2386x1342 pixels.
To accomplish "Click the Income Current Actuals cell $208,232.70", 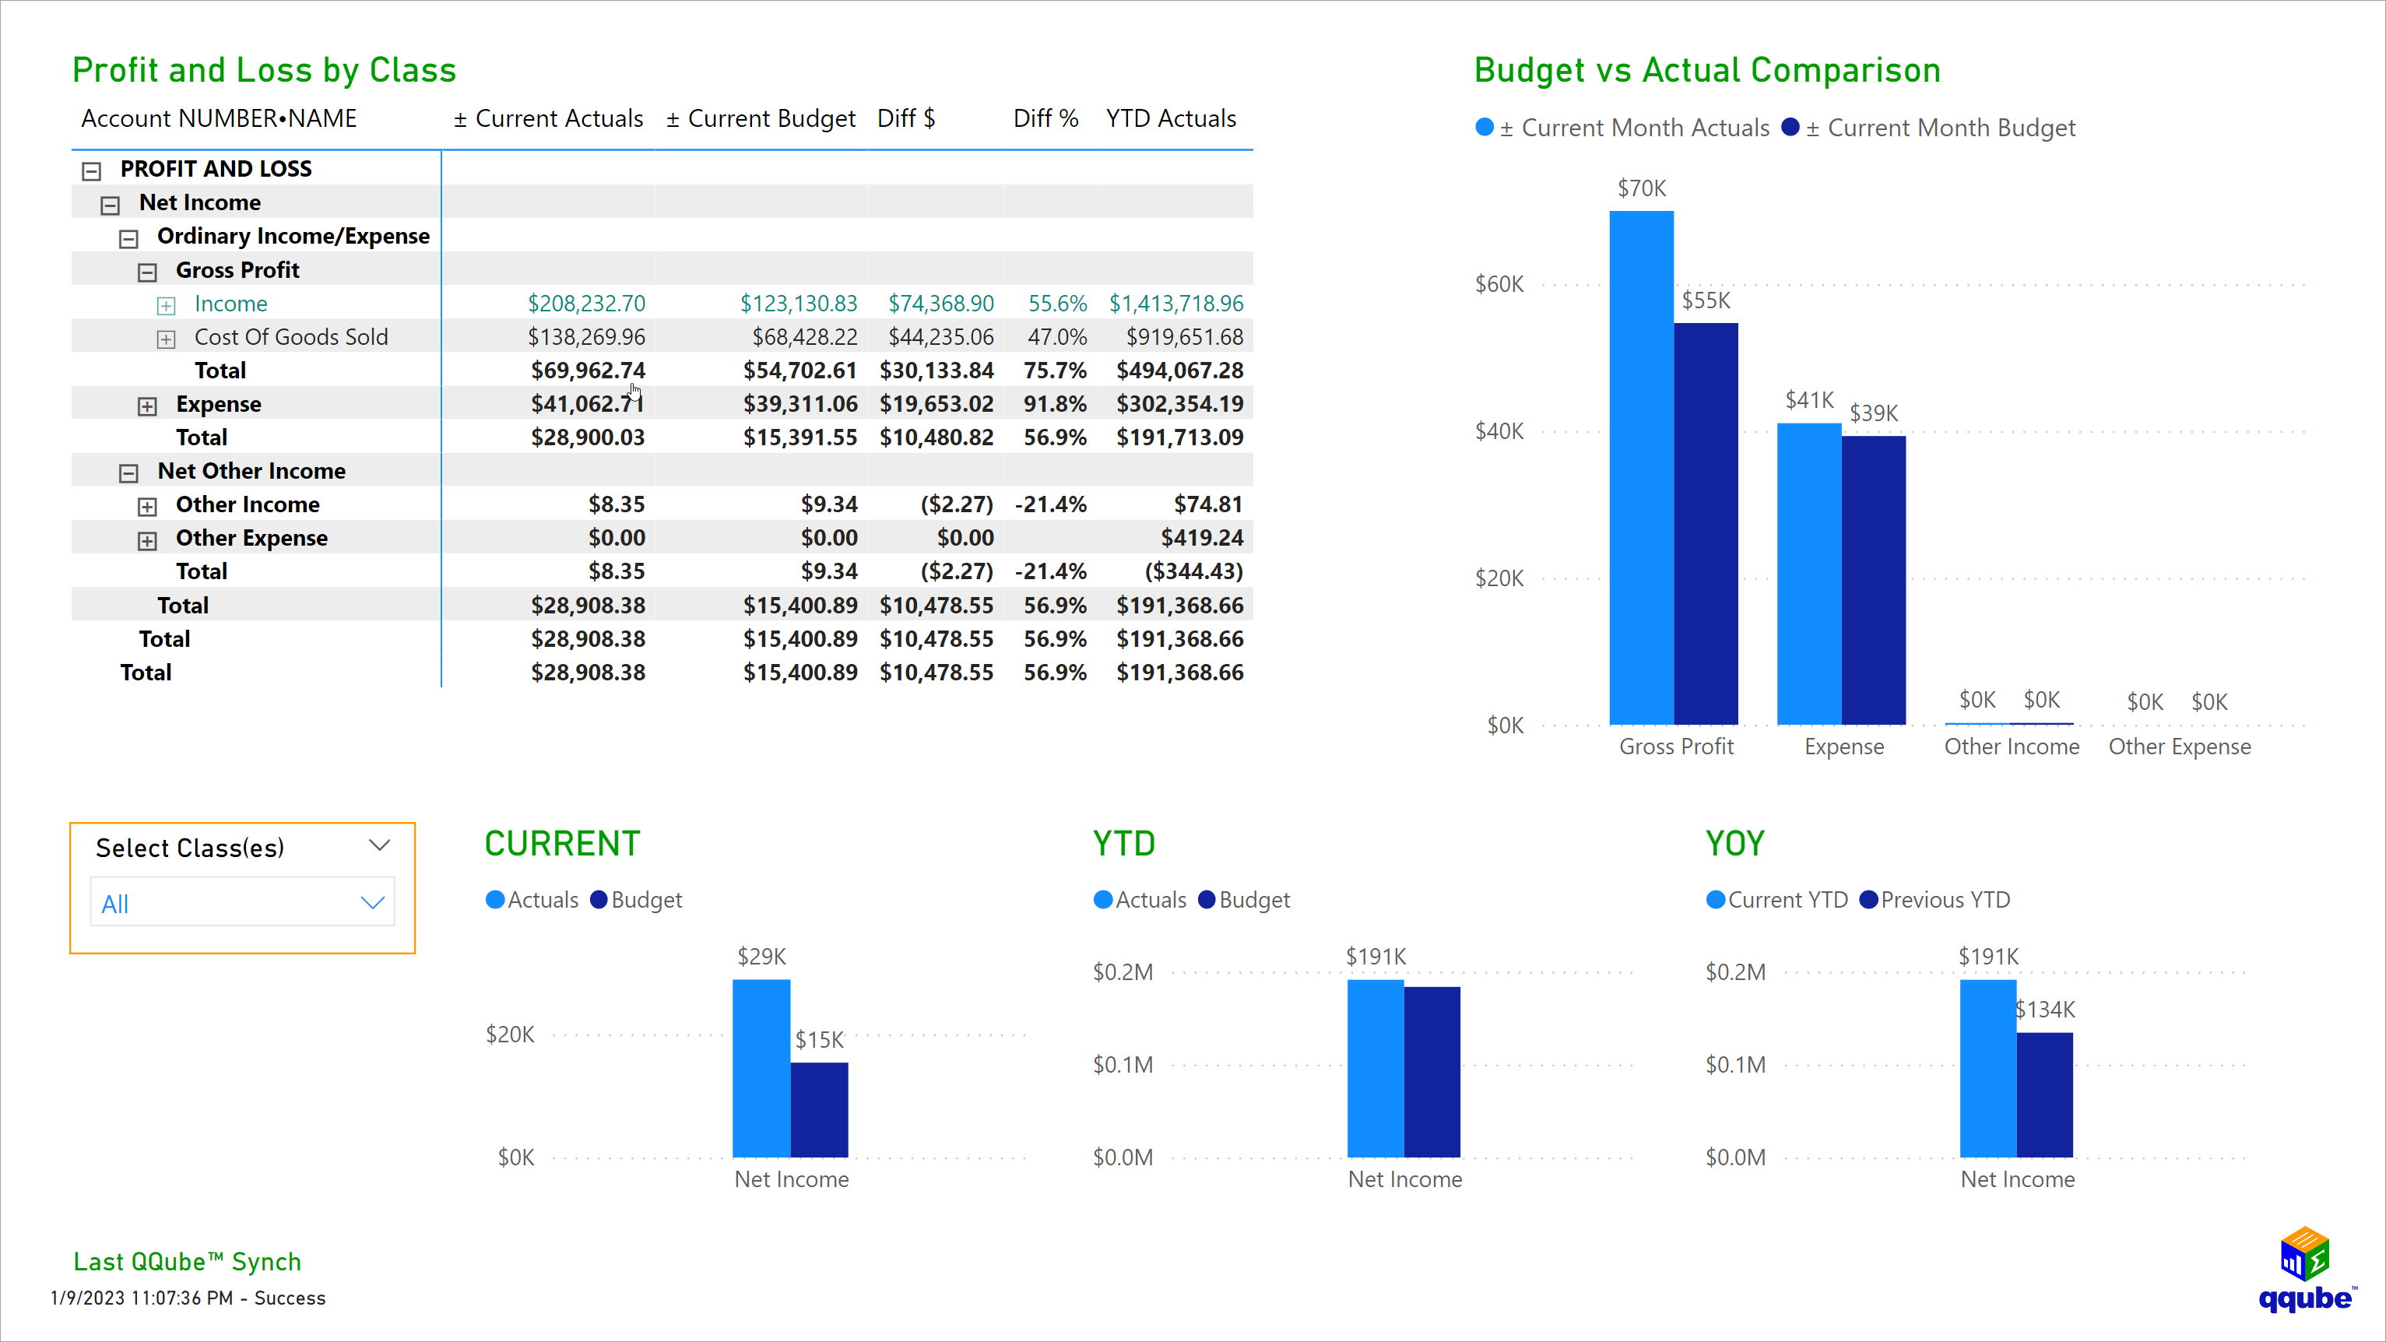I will [585, 304].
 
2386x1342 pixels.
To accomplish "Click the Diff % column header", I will [1045, 118].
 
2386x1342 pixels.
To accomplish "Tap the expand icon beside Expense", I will [147, 406].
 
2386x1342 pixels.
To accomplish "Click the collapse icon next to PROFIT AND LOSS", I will [91, 170].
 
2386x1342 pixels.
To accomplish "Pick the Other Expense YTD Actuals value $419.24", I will [1201, 538].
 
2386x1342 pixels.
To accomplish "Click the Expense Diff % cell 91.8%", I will [1054, 404].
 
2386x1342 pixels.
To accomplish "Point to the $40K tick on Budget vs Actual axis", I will [1499, 430].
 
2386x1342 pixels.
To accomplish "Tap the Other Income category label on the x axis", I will [2011, 747].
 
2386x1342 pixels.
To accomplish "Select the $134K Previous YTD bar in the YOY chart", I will [2044, 1094].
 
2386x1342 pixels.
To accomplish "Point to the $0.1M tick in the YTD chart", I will [1123, 1065].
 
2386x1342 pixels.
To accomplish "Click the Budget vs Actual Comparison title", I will [1706, 70].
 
